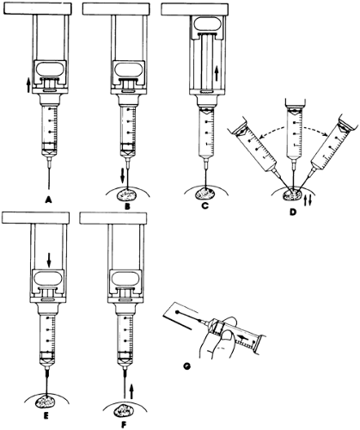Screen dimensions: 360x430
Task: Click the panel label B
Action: [128, 206]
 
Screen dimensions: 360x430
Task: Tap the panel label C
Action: [204, 206]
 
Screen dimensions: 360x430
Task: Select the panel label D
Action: [292, 212]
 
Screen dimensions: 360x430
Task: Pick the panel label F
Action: [124, 424]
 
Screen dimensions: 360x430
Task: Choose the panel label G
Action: [186, 365]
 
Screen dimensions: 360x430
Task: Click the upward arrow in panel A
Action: [28, 86]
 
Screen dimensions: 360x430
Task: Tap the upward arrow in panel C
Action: [217, 73]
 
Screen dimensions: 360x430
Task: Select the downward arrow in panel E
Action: [49, 260]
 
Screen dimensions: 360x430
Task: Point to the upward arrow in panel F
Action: [131, 391]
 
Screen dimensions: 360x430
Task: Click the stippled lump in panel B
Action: [127, 195]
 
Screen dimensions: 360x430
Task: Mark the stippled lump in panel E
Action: [46, 401]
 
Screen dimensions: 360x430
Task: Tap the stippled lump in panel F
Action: [123, 412]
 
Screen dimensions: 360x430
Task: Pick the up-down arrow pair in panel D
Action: [307, 200]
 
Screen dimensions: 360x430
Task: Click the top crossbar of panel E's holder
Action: [35, 218]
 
